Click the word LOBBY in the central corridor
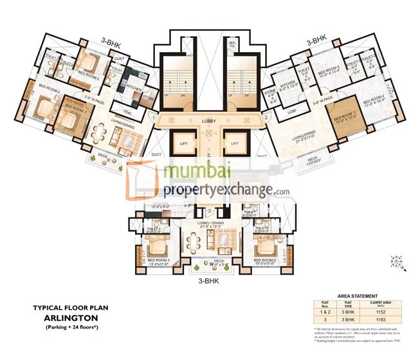click(209, 120)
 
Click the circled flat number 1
click(154, 118)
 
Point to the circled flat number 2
click(266, 118)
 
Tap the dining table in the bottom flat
click(193, 242)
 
